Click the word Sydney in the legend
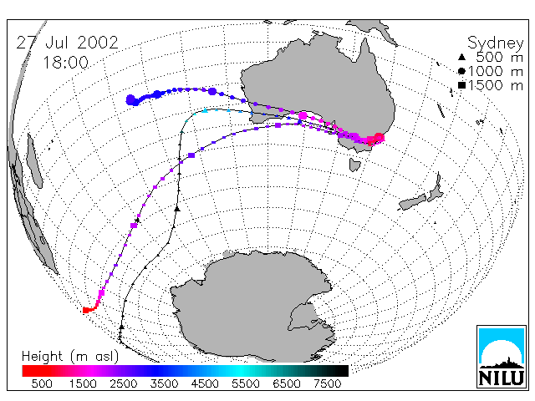coord(495,43)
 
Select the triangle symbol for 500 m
coord(461,57)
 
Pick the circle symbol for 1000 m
coord(461,71)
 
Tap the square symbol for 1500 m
coord(461,85)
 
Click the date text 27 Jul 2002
coord(67,43)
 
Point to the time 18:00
coord(65,63)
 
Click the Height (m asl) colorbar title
coord(70,357)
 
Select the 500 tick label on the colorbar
coord(42,383)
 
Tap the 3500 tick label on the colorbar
coord(164,383)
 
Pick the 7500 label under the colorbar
coord(327,383)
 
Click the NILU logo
coord(502,357)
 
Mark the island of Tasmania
coord(354,165)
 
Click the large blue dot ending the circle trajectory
coord(131,100)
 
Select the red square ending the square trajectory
coord(86,310)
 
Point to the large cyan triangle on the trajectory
coord(205,110)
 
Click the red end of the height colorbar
coord(24,371)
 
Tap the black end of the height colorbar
coord(346,371)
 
